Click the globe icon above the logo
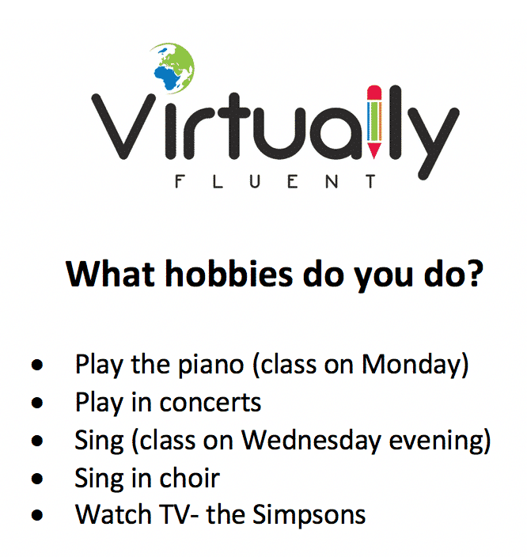coord(173,67)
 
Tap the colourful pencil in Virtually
coord(374,121)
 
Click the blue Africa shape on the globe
coord(166,77)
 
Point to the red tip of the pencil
coord(374,150)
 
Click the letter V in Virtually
coord(123,126)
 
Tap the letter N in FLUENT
coord(332,181)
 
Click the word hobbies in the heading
coord(229,274)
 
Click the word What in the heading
coord(110,274)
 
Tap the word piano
coord(210,365)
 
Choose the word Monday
coord(411,365)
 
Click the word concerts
coord(210,404)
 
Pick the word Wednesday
coord(311,441)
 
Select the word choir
coord(189,478)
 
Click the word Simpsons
coord(309,515)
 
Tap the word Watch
coord(113,515)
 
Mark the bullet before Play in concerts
coord(37,404)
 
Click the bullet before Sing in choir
coord(37,479)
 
